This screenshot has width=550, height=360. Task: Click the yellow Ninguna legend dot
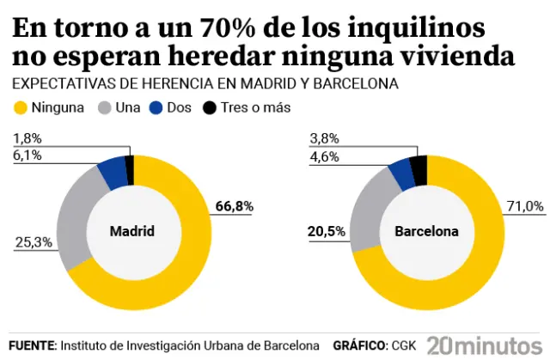tap(21, 108)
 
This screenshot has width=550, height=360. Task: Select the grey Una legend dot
tap(106, 108)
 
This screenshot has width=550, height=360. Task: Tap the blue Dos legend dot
tap(156, 108)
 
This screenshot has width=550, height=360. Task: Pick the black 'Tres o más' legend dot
tap(210, 108)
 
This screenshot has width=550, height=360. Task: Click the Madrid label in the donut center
tap(132, 232)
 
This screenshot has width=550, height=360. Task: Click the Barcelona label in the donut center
tap(426, 232)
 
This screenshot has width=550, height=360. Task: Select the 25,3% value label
tap(33, 243)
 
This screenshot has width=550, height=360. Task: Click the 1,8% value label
tap(28, 137)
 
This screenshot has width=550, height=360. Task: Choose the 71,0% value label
tap(525, 205)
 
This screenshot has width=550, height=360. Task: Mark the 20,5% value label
tap(327, 232)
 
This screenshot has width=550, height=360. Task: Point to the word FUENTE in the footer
tap(32, 345)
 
